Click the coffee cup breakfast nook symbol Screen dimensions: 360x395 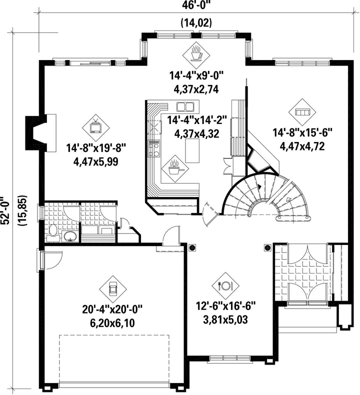click(x=196, y=53)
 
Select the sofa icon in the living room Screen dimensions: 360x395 click(x=302, y=111)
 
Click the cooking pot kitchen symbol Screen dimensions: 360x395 click(x=175, y=168)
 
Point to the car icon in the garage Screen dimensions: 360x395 click(x=113, y=289)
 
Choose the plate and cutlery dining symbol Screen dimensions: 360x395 click(x=225, y=285)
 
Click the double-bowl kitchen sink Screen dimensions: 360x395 click(x=184, y=107)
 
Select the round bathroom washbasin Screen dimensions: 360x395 click(x=70, y=236)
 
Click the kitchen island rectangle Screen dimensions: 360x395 click(x=192, y=151)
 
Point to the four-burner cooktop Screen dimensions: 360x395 click(x=153, y=148)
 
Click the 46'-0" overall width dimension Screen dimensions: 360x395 click(x=196, y=5)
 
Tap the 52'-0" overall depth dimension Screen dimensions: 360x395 click(x=5, y=210)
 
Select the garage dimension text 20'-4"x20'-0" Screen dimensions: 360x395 click(x=112, y=309)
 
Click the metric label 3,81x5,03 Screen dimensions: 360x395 click(x=225, y=320)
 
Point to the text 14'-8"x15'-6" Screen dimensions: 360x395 click(x=302, y=132)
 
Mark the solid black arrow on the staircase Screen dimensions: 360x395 click(x=259, y=187)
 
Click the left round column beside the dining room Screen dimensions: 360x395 click(x=192, y=248)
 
